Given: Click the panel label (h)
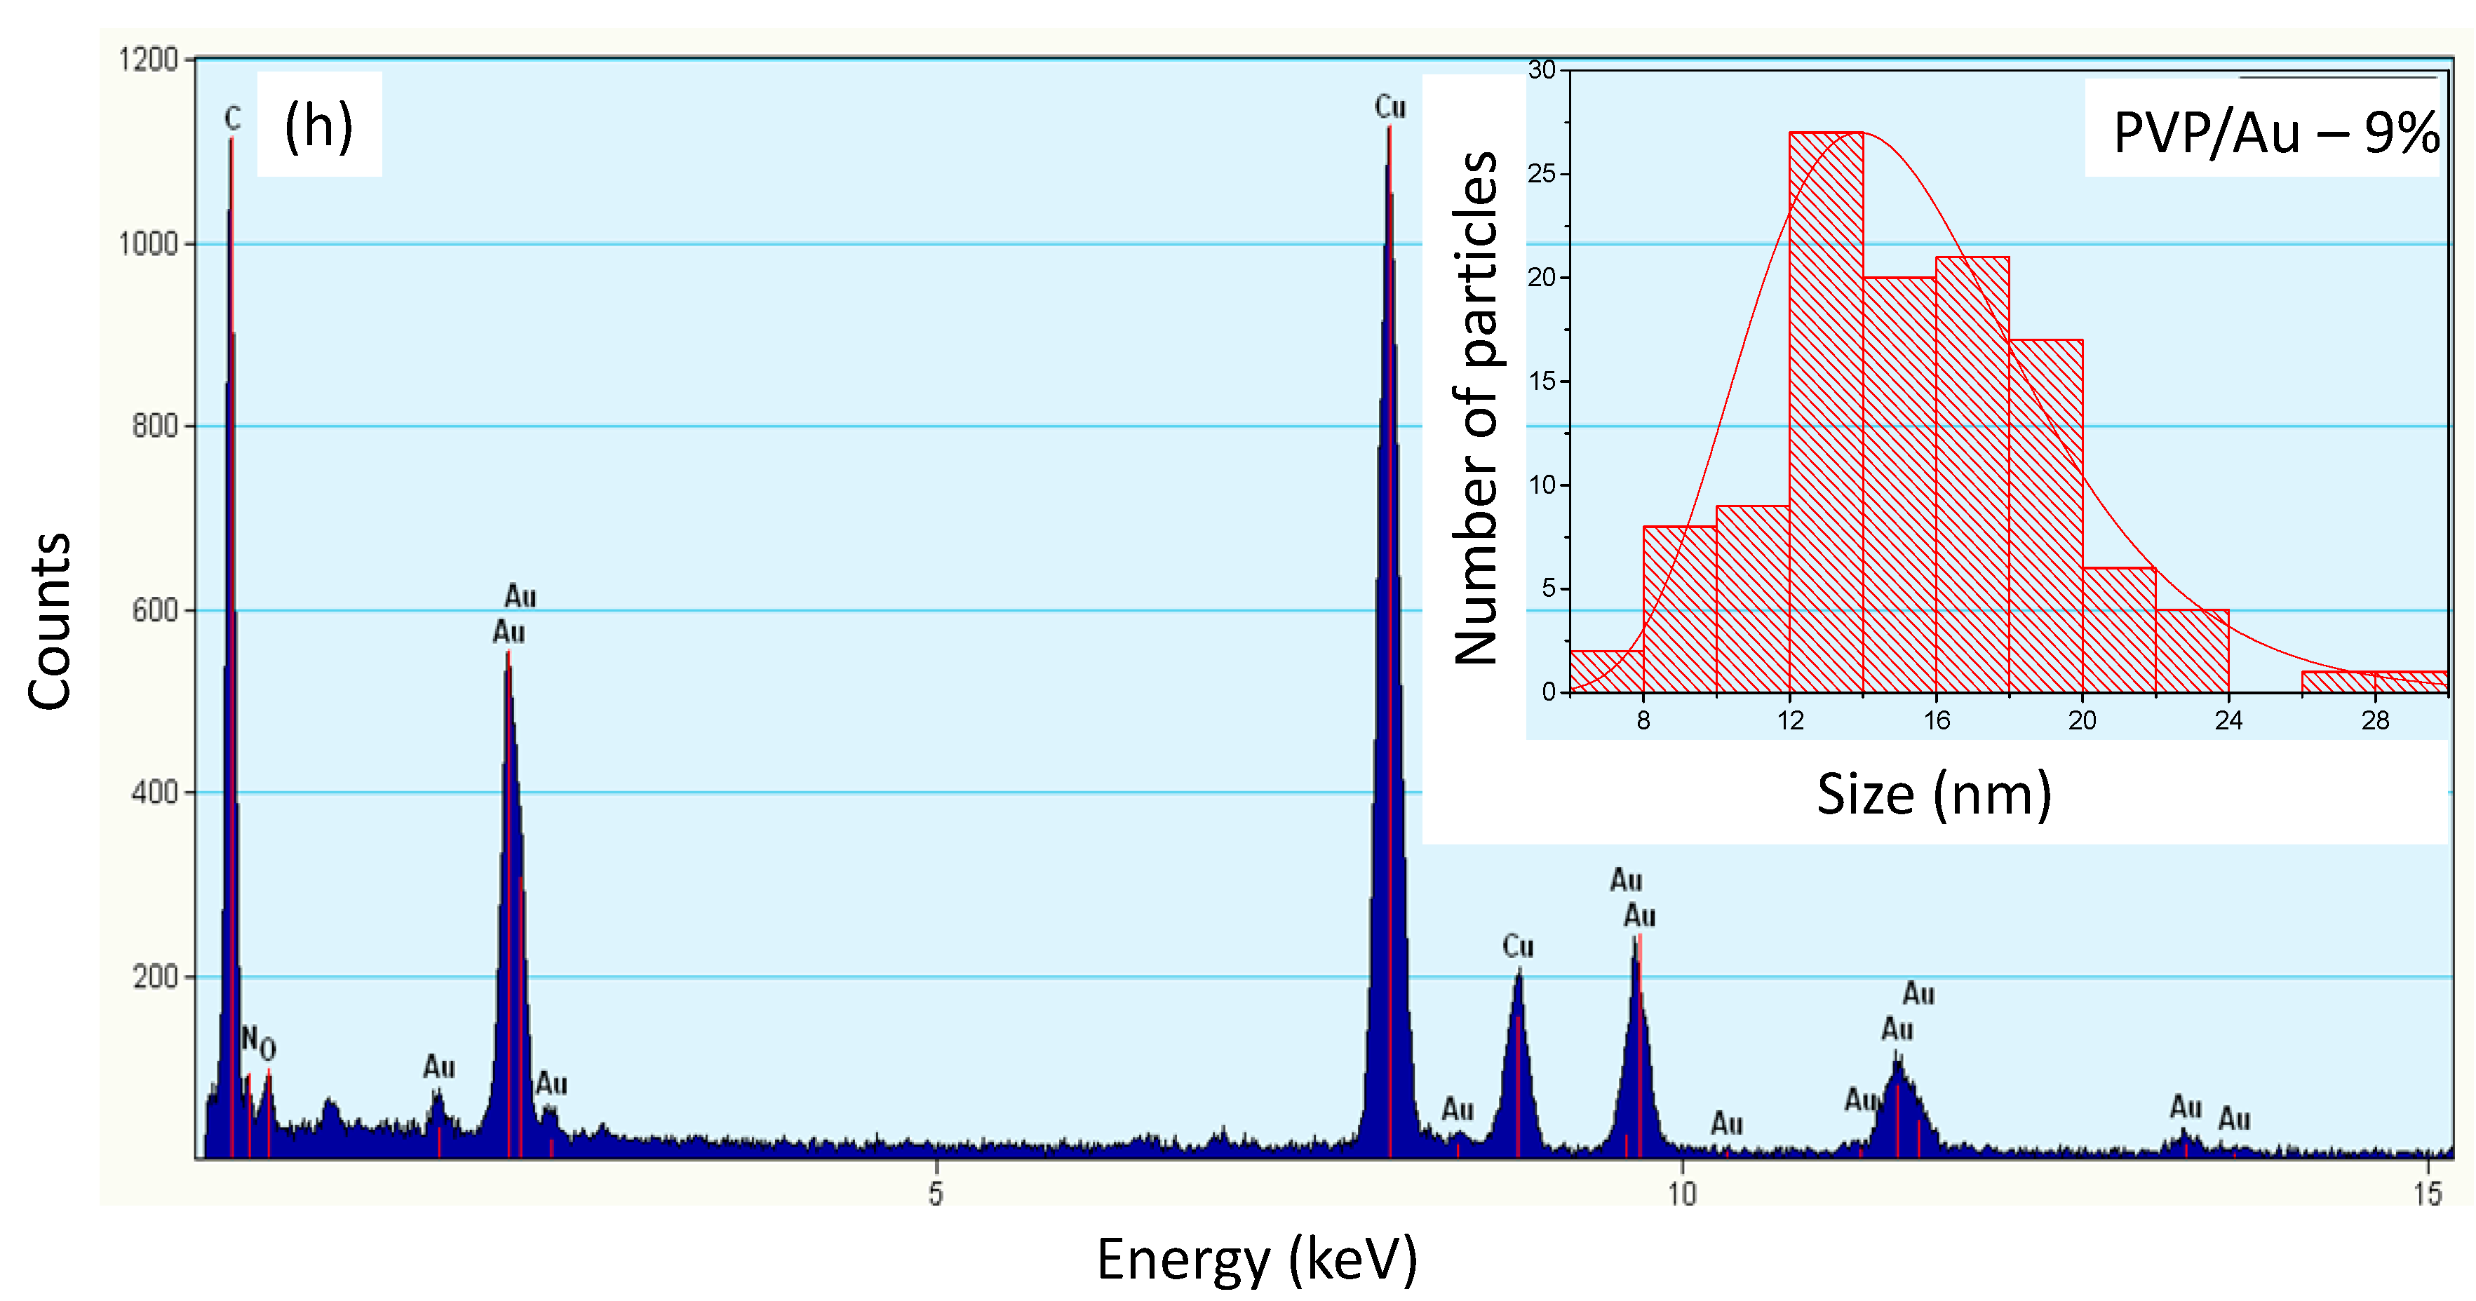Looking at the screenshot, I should click(x=318, y=126).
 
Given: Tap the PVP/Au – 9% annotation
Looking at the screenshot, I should click(x=2274, y=133).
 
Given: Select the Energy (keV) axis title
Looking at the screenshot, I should click(x=1256, y=1259).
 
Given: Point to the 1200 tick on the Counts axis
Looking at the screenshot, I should click(x=149, y=60).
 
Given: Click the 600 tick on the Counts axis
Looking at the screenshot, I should click(x=155, y=610).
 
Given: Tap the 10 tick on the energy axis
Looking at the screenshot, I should click(x=1681, y=1194).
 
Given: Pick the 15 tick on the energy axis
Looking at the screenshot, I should click(x=2427, y=1194).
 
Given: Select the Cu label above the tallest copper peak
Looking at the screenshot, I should click(x=1390, y=107).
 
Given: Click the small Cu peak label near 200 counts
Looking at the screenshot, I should click(x=1518, y=948).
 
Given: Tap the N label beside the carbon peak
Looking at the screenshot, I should click(x=249, y=1038).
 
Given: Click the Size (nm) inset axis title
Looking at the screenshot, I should click(x=1934, y=795).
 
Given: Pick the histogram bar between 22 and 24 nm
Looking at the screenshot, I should click(x=2193, y=651).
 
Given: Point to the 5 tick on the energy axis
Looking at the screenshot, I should click(x=935, y=1194).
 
